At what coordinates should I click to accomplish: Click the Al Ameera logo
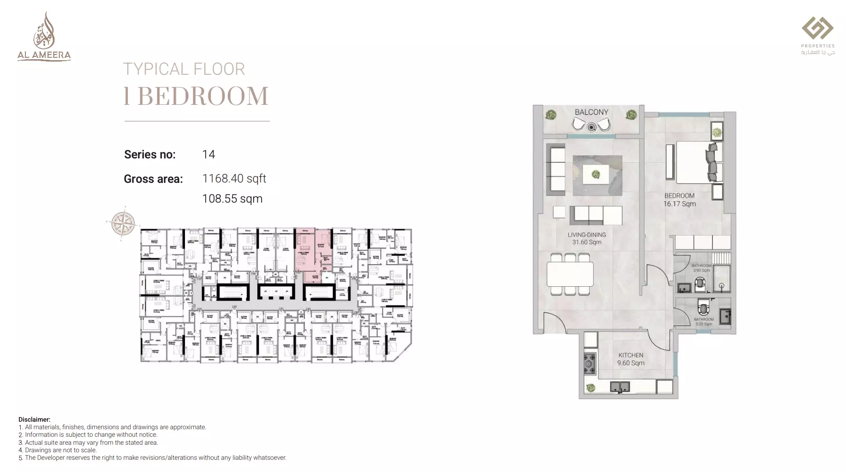[x=44, y=38]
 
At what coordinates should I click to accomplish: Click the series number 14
[x=208, y=155]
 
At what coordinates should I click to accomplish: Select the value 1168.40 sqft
[x=234, y=179]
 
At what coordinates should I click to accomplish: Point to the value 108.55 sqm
[x=232, y=199]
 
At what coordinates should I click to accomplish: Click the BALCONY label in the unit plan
[x=591, y=112]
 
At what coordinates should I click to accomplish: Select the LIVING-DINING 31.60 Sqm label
[x=586, y=238]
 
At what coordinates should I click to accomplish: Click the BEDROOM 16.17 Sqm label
[x=679, y=200]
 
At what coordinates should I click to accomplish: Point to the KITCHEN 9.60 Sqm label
[x=631, y=359]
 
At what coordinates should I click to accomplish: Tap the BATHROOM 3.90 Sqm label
[x=701, y=268]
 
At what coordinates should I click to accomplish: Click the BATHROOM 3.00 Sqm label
[x=703, y=322]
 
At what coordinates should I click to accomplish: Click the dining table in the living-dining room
[x=570, y=274]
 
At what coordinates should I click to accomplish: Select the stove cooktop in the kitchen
[x=590, y=363]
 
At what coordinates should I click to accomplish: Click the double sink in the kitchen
[x=620, y=387]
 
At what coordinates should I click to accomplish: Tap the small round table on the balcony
[x=591, y=126]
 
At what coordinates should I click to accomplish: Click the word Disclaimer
[x=34, y=419]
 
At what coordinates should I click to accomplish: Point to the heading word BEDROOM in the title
[x=203, y=96]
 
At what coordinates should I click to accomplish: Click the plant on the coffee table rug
[x=596, y=175]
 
